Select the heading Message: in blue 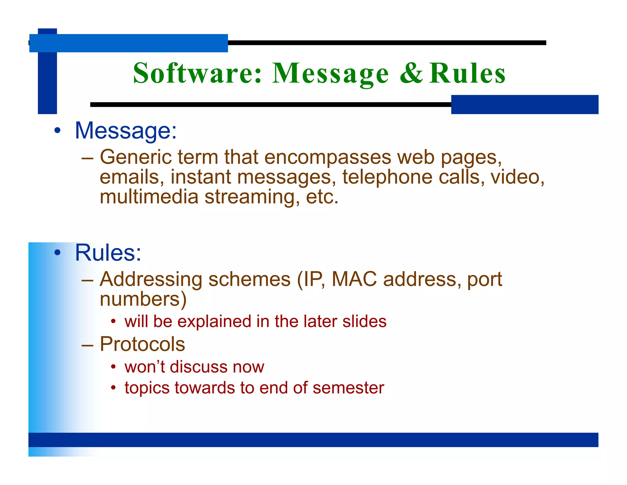coord(126,131)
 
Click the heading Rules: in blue coord(108,253)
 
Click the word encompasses coord(328,158)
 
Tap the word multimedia coord(149,197)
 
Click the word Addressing coord(151,279)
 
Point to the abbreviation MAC coord(354,279)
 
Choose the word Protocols coord(142,344)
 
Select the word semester coord(348,388)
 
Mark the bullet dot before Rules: coord(57,253)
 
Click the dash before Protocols coord(87,345)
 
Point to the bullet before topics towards coord(113,388)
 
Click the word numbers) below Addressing coord(143,299)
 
